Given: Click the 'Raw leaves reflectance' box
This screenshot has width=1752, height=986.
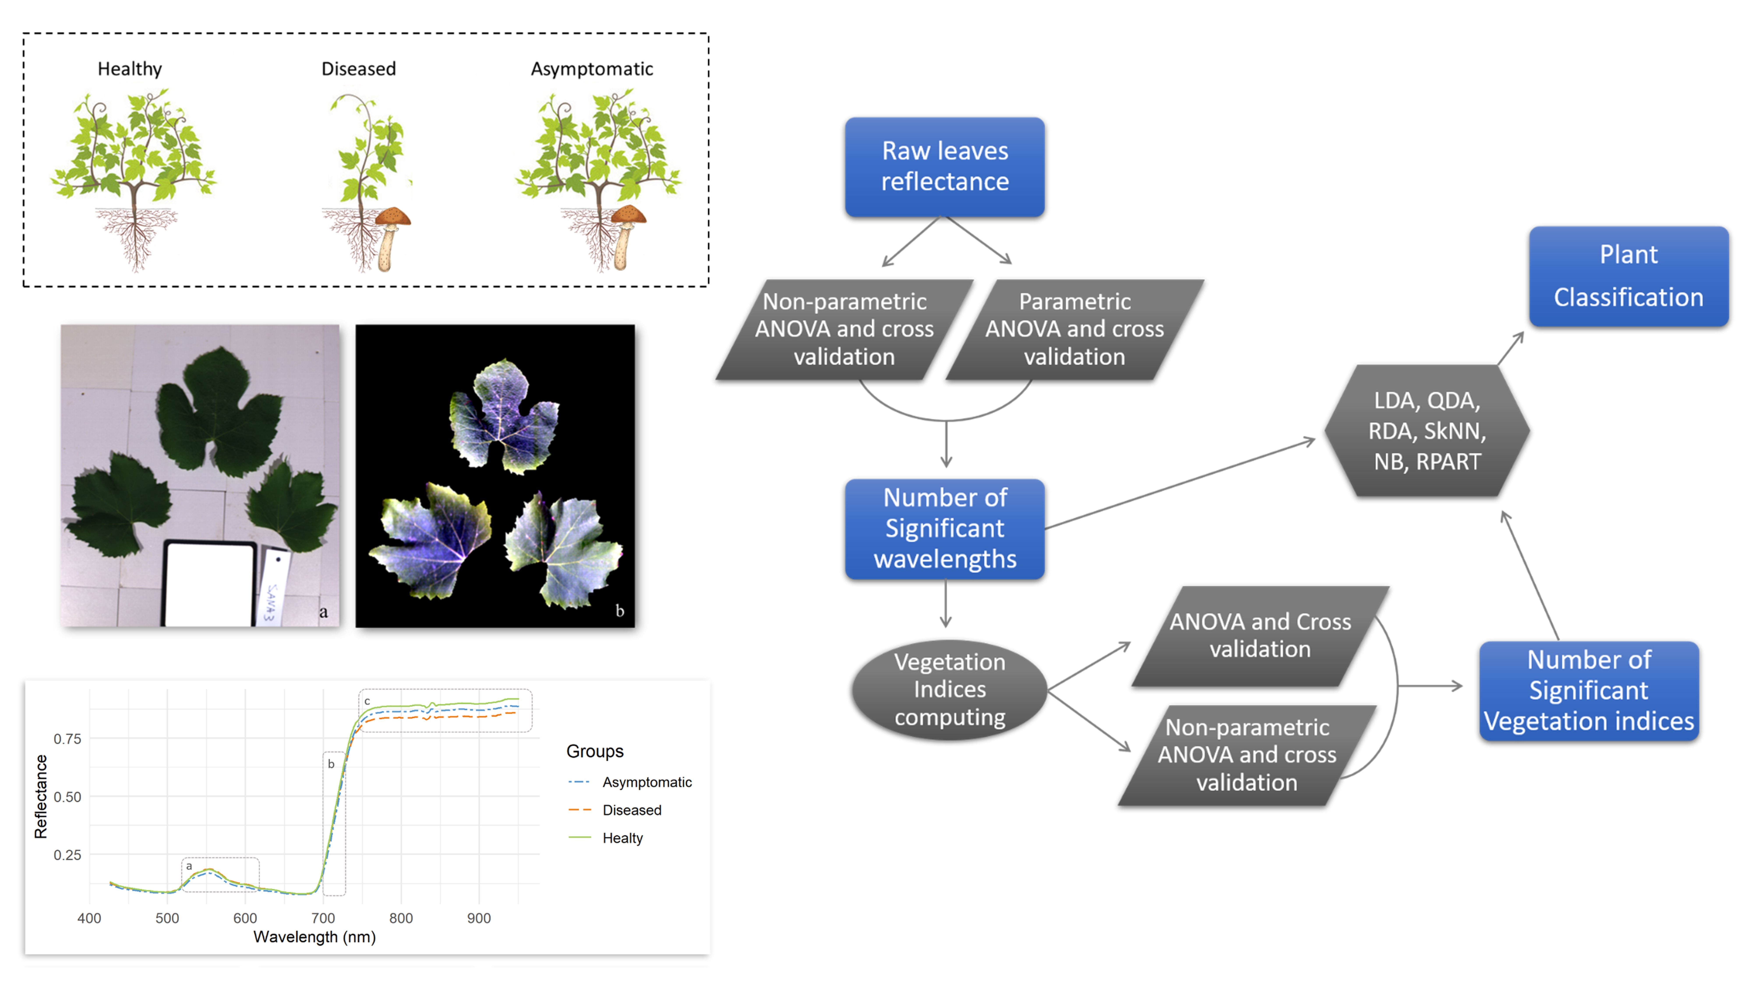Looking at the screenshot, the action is pos(945,167).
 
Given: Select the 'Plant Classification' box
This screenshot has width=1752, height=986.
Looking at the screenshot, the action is pos(1629,276).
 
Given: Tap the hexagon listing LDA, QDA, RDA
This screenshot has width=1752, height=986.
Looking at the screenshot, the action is pos(1427,431).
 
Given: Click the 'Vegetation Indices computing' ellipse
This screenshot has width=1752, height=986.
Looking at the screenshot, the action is pos(949,689).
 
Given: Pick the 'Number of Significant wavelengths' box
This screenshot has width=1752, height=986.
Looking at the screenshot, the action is pos(945,529).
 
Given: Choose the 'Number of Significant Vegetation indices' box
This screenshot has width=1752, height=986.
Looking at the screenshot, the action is pos(1589,691).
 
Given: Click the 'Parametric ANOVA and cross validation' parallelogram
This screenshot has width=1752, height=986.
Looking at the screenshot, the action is pos(1075,329).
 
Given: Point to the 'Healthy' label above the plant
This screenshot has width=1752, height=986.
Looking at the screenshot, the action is pos(130,69).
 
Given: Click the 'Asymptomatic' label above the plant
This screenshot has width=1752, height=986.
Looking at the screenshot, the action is pos(592,69).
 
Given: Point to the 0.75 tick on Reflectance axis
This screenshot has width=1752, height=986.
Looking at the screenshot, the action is pos(67,739).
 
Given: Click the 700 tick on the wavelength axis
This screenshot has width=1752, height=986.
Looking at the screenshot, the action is pos(323,918).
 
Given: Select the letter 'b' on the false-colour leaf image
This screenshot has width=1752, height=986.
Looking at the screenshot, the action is pos(620,610).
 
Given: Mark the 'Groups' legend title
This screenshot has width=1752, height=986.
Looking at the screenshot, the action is pos(595,751).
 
